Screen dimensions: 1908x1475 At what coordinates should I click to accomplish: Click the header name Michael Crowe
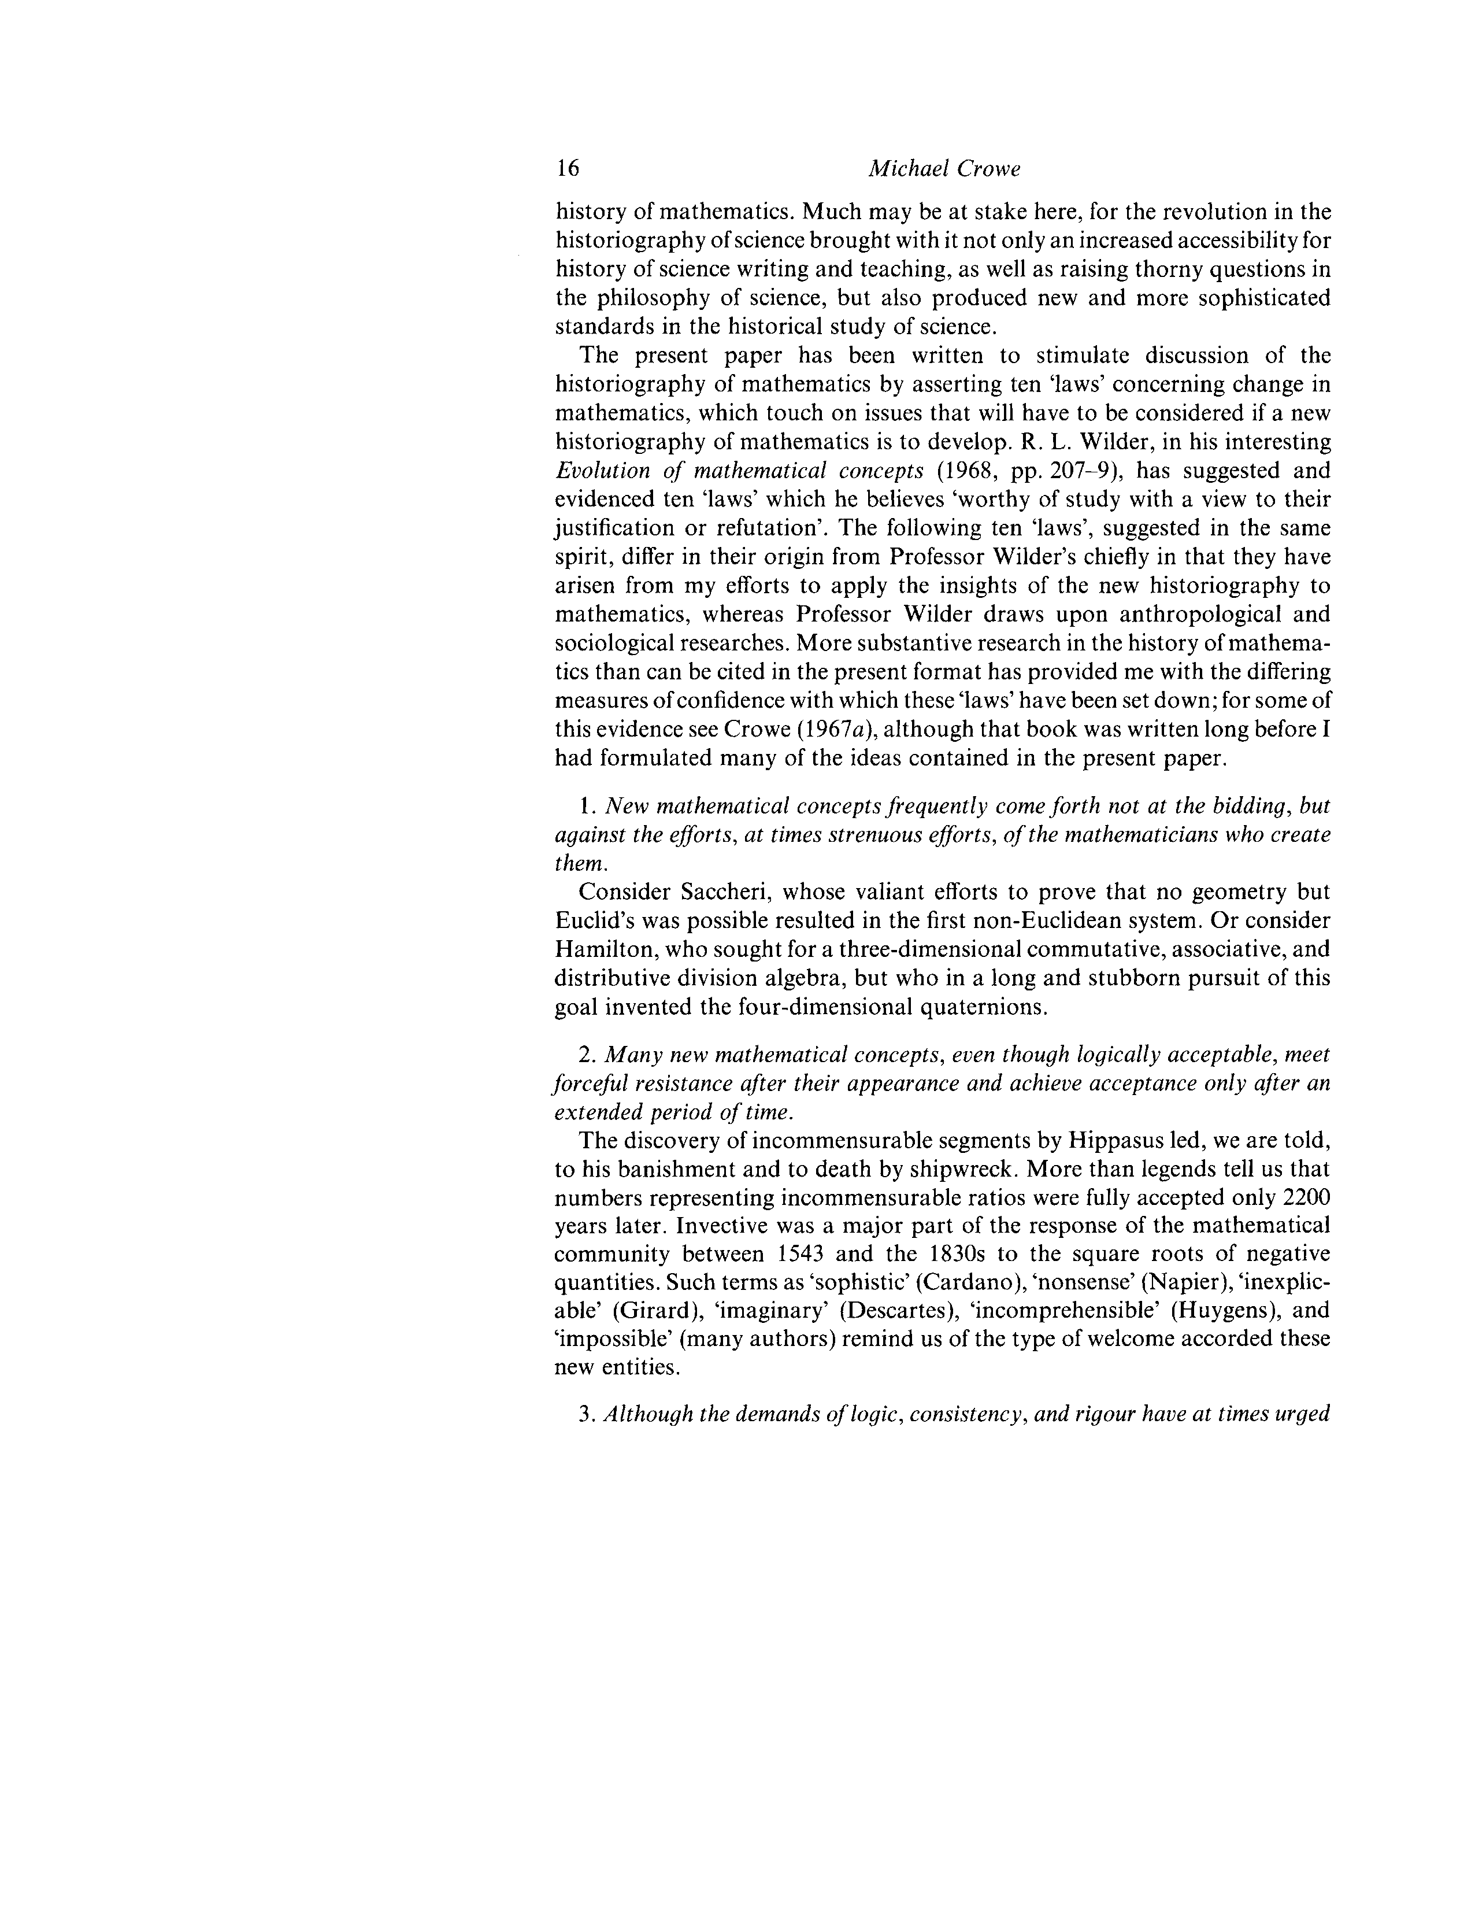click(x=943, y=169)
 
